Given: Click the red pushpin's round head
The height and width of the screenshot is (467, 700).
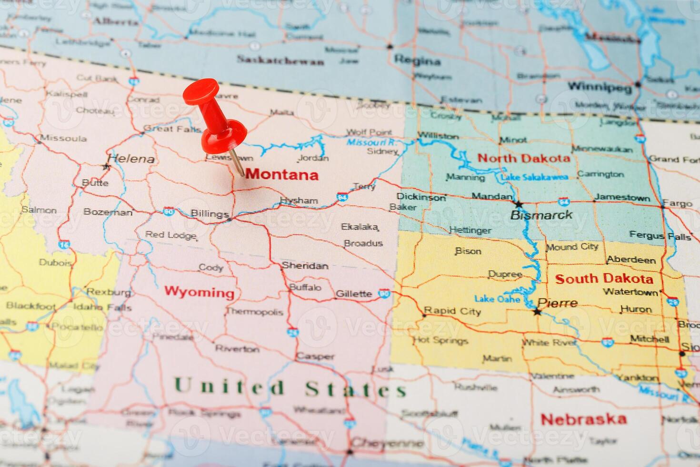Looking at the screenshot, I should pos(201,91).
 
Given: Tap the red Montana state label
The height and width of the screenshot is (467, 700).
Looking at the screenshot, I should pos(282,174).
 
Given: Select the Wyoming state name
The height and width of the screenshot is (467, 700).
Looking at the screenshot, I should pos(199,292).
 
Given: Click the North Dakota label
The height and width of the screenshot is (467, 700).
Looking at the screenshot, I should pos(523,158).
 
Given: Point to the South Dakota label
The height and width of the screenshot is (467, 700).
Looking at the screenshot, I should pos(604,279).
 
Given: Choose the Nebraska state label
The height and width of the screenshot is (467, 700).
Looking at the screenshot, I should pos(583,419).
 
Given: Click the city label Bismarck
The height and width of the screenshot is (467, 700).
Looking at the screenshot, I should pos(541,215).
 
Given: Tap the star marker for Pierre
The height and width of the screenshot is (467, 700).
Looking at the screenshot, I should pos(537,312).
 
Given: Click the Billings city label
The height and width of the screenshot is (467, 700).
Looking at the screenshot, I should pos(210,213).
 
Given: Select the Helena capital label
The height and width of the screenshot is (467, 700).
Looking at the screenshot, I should pos(131,159).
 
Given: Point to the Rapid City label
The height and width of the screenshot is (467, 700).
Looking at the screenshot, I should pos(452,311).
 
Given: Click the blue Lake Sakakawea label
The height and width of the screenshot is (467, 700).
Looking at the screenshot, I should pos(534,177).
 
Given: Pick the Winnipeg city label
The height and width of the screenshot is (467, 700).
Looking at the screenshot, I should pos(600,87).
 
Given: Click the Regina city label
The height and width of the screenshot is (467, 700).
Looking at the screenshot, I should pos(417,61).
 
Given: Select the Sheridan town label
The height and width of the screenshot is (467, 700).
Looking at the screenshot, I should pos(305,265).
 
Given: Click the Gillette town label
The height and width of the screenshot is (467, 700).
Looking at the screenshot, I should pos(353,294).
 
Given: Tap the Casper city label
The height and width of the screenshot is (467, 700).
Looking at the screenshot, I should pos(315,356).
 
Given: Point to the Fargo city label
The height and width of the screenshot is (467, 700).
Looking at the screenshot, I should pos(677,203).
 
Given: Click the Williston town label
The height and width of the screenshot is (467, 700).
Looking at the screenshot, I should pos(438,136).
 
